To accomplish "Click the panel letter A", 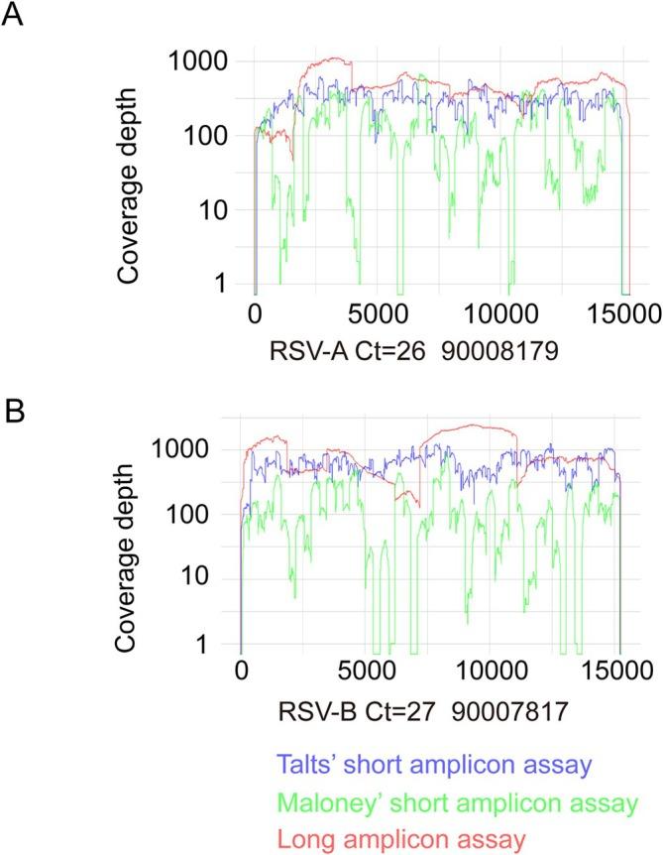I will click(14, 19).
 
